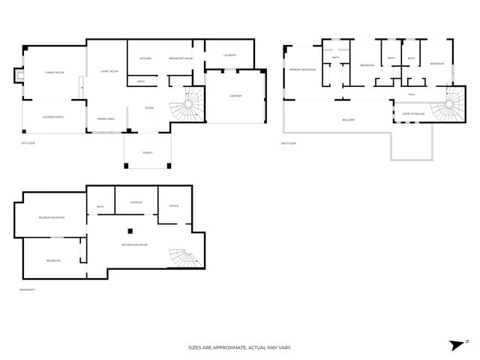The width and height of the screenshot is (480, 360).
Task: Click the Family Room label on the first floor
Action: coord(55,72)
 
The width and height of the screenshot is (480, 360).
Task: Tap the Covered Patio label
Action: coord(53,116)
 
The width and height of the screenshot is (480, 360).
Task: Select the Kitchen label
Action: coord(145,58)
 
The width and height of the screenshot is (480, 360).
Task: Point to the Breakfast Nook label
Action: coord(181,58)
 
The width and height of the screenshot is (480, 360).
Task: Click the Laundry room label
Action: coord(229,55)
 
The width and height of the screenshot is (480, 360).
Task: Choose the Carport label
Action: coord(235,95)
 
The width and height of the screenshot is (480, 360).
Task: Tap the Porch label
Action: coord(148,152)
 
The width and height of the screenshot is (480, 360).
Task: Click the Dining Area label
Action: coord(106,118)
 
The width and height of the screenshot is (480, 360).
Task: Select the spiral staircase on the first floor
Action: coord(187,105)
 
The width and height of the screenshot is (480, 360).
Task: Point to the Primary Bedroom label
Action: coord(303,70)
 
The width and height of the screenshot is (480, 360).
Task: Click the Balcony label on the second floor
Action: coord(349,119)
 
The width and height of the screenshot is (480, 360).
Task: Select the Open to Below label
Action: coord(413,113)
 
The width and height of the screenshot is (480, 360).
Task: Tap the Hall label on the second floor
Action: coord(412,94)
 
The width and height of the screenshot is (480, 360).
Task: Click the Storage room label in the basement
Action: coord(136,202)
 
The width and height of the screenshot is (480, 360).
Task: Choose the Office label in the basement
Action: coord(174,205)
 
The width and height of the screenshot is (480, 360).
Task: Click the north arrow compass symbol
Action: coord(457,344)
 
